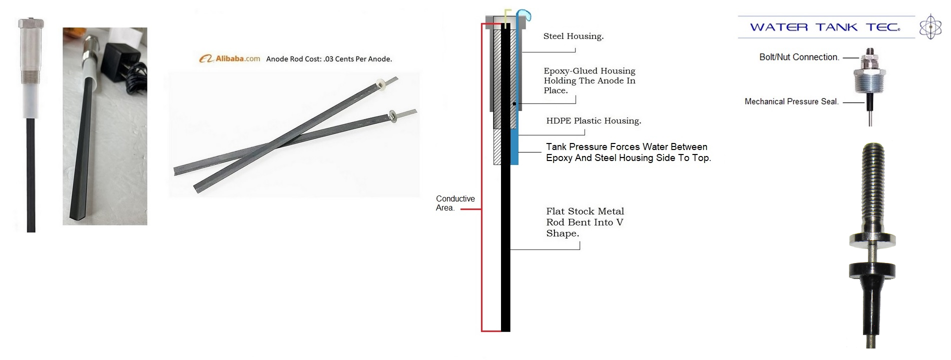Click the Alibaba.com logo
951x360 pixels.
click(x=230, y=58)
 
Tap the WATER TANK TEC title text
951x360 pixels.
click(x=824, y=27)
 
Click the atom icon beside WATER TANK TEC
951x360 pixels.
click(x=930, y=26)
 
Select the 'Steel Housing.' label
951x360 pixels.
click(x=573, y=36)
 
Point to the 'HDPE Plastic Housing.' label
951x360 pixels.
click(x=593, y=120)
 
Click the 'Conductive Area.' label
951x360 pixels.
click(x=454, y=203)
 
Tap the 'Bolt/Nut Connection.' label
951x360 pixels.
click(x=798, y=57)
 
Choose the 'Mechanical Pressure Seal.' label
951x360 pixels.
click(x=791, y=101)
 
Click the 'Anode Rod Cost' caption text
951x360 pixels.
click(x=328, y=59)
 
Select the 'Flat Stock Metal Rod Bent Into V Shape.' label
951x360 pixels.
click(x=584, y=222)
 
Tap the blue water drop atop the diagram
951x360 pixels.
click(x=523, y=15)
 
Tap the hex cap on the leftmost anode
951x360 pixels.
click(x=31, y=23)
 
